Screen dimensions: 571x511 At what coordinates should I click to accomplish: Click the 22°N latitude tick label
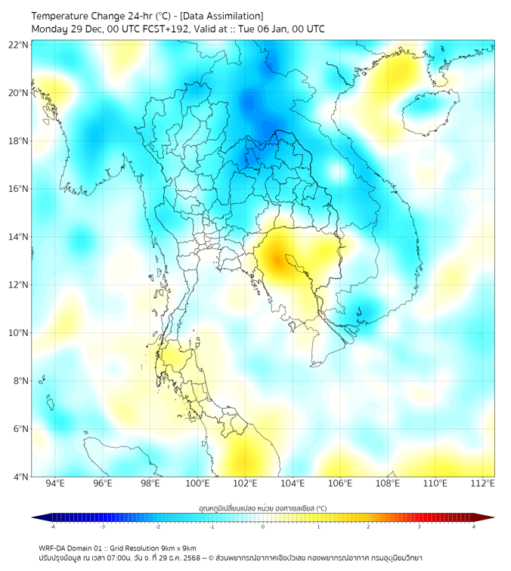(x=19, y=45)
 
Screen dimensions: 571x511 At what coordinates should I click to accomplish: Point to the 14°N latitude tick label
(x=19, y=237)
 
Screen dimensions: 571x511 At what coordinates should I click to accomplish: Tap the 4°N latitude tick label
(x=21, y=477)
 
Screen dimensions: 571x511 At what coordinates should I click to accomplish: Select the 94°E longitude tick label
(x=55, y=483)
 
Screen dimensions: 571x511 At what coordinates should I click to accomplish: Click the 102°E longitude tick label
(x=246, y=483)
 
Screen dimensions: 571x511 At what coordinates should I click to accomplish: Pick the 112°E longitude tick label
(x=483, y=483)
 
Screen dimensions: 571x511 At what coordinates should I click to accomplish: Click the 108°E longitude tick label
(x=388, y=483)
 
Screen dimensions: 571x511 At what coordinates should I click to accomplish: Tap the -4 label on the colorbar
(x=52, y=526)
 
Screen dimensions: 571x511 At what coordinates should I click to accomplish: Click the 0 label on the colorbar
(x=263, y=526)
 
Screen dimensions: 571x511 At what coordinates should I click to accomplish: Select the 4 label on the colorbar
(x=474, y=526)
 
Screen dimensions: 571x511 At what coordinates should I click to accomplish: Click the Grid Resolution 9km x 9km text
(x=159, y=548)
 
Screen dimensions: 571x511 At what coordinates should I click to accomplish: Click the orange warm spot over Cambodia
(x=278, y=259)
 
